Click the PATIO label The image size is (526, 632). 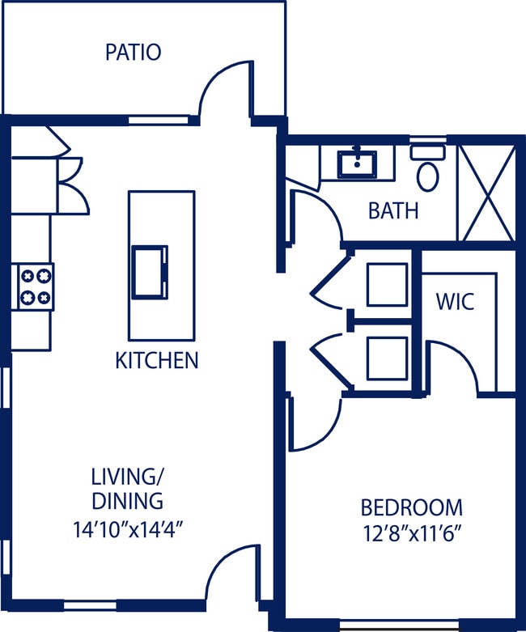point(134,53)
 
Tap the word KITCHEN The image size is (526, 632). point(157,360)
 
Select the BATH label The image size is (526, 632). point(393,211)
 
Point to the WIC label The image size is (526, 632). point(454,303)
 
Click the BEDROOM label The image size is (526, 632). point(411,508)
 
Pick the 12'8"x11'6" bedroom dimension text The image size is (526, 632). point(411,533)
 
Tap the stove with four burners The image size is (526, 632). point(33,286)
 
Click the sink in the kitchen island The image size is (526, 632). point(151,272)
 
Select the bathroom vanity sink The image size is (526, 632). point(357,163)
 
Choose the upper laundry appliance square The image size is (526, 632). point(386,284)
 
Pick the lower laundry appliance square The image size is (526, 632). point(386,359)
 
